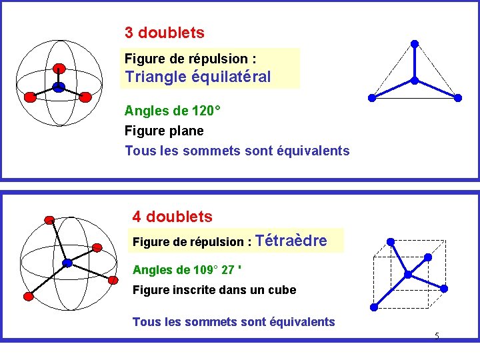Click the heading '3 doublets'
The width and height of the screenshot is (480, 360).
[x=164, y=33]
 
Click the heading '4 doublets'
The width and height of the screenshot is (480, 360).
[x=172, y=217]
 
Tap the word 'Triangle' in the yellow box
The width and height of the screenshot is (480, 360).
[x=155, y=77]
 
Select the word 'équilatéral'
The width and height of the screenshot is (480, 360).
[x=231, y=77]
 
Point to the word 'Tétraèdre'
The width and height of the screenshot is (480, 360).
[x=291, y=241]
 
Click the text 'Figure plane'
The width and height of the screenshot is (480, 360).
[x=164, y=131]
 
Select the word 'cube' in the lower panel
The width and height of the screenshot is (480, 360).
[x=281, y=290]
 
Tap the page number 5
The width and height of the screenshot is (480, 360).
[x=437, y=336]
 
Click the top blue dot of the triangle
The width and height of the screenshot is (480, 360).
[x=414, y=44]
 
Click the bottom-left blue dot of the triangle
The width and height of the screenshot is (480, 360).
[x=372, y=98]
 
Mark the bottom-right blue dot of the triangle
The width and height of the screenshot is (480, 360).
[x=458, y=98]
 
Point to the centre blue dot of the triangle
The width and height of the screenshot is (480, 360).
[x=414, y=81]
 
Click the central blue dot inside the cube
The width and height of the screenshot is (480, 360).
[x=407, y=274]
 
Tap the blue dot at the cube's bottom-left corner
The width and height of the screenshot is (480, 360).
[x=373, y=307]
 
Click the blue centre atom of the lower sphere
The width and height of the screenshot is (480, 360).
[x=67, y=263]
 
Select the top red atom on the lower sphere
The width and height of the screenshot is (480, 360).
[x=49, y=219]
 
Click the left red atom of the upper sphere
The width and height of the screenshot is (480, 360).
[x=29, y=97]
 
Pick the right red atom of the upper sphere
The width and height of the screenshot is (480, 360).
[x=85, y=97]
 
